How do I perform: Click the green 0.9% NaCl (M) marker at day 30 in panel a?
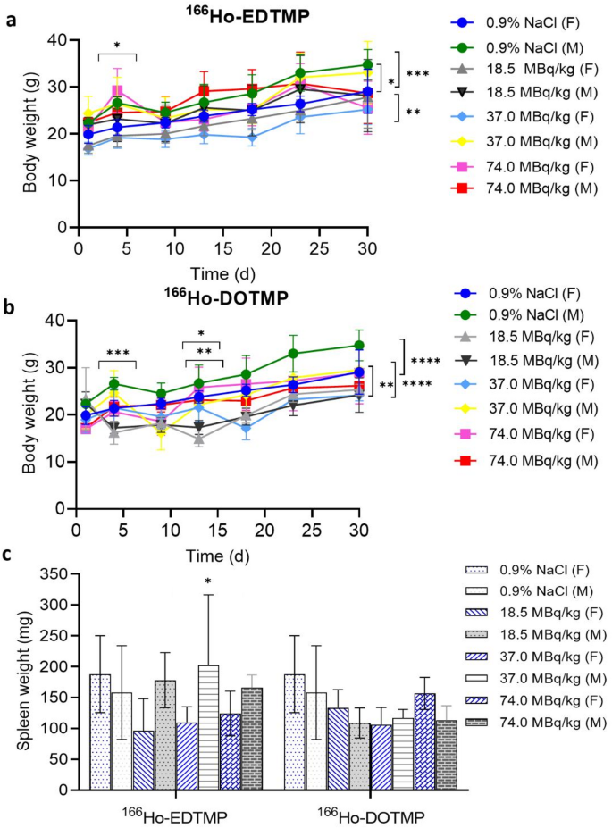point(359,64)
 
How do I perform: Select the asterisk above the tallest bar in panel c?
point(208,584)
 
